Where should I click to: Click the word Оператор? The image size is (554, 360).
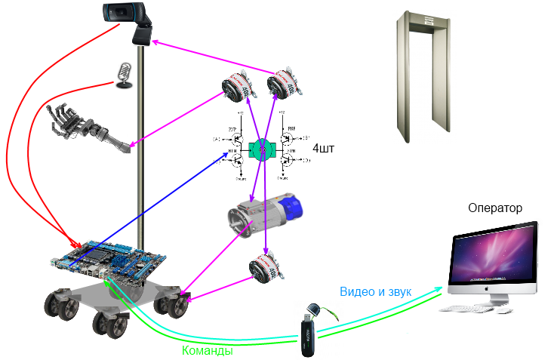tap(494, 208)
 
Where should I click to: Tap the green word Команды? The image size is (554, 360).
tap(207, 350)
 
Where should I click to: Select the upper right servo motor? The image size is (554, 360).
tap(288, 82)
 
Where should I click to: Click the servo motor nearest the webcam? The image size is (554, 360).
tap(235, 90)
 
